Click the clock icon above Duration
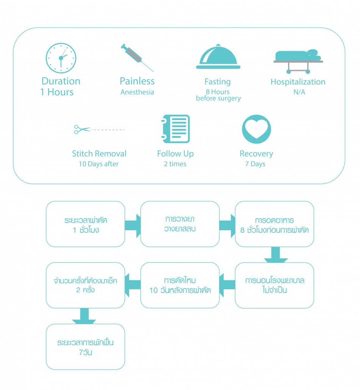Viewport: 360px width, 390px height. tap(61, 58)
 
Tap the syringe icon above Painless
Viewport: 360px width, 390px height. tap(137, 58)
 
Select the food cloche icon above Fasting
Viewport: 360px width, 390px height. tap(218, 57)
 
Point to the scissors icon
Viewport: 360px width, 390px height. tap(82, 129)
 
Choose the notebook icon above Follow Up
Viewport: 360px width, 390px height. tap(175, 129)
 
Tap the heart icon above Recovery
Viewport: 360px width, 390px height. tap(256, 129)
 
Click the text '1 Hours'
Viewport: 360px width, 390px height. tap(57, 92)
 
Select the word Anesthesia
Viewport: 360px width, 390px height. tap(137, 92)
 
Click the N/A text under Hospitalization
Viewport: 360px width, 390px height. tap(298, 92)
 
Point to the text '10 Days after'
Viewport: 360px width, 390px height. tap(99, 164)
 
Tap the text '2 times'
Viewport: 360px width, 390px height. tap(175, 164)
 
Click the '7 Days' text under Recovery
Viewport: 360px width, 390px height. tap(256, 164)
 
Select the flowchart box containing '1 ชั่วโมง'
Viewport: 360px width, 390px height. tap(86, 224)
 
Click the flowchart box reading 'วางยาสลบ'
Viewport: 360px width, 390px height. tap(180, 224)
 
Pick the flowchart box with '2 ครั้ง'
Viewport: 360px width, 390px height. tap(86, 285)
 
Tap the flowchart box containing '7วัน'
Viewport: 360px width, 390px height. tap(86, 346)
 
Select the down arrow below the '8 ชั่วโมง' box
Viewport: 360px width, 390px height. tap(276, 255)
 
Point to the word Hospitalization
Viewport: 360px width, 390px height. tap(298, 82)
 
